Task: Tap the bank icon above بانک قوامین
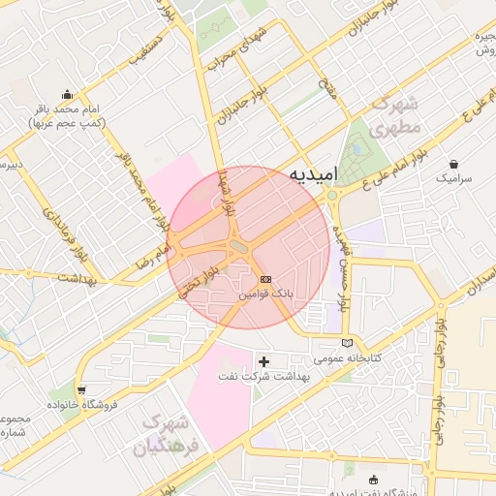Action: pos(265,280)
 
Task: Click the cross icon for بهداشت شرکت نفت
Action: pos(263,361)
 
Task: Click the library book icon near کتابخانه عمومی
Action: pos(348,343)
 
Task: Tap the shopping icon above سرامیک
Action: pos(453,164)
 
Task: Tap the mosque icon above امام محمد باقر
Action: pos(67,95)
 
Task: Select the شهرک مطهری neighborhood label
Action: pos(397,114)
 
